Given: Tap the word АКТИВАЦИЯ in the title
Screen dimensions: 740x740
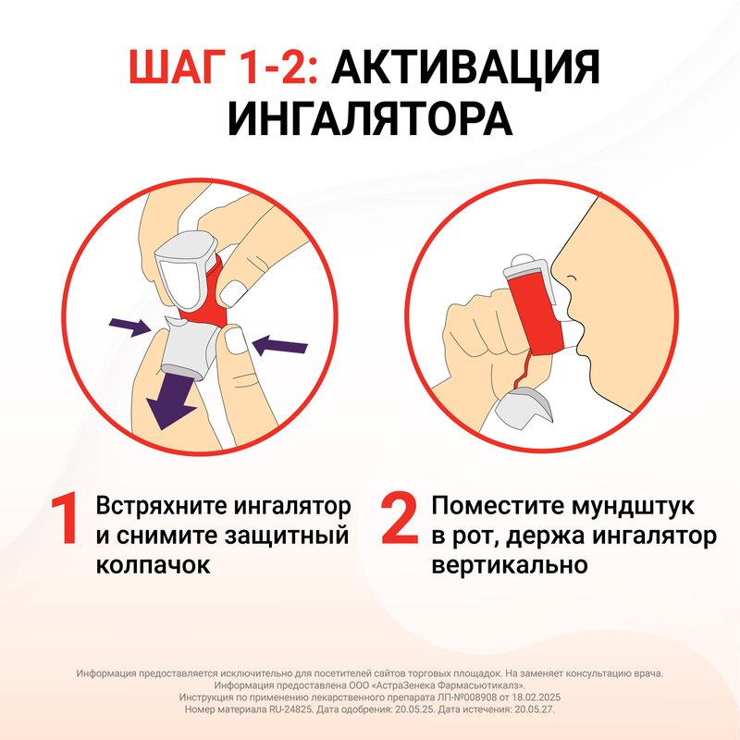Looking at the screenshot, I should tap(463, 69).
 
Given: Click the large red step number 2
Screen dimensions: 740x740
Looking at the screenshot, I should tap(400, 520).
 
